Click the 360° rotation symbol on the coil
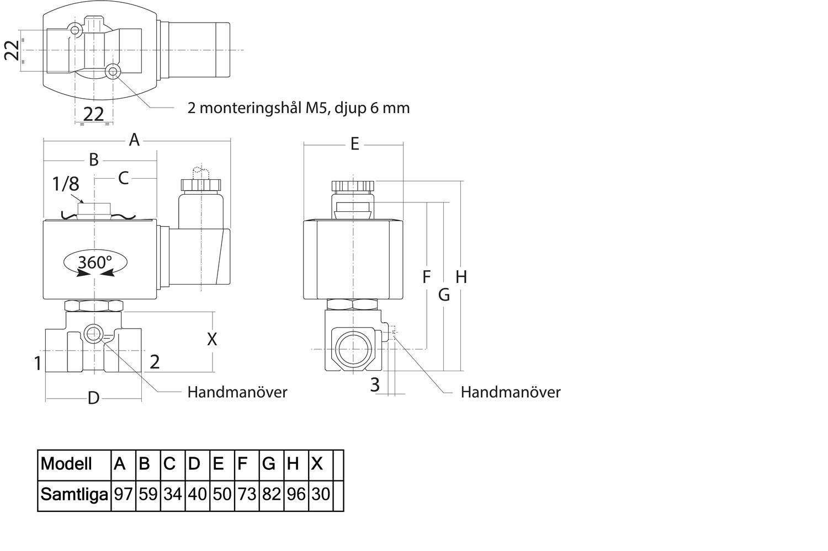(95, 263)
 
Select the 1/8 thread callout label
(65, 184)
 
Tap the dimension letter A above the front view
(134, 141)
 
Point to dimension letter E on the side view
(354, 145)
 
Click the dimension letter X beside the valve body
(212, 340)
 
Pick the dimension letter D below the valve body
(93, 398)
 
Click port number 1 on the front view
(38, 363)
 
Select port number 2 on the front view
(155, 362)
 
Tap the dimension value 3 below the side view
(375, 385)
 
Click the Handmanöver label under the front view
(237, 392)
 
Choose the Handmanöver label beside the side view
(511, 392)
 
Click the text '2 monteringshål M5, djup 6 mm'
(299, 108)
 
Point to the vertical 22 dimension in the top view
(13, 50)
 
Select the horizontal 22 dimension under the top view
(93, 114)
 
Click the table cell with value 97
(123, 494)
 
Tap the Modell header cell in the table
(67, 464)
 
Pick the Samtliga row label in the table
(74, 494)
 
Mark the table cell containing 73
(247, 494)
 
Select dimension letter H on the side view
(461, 277)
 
